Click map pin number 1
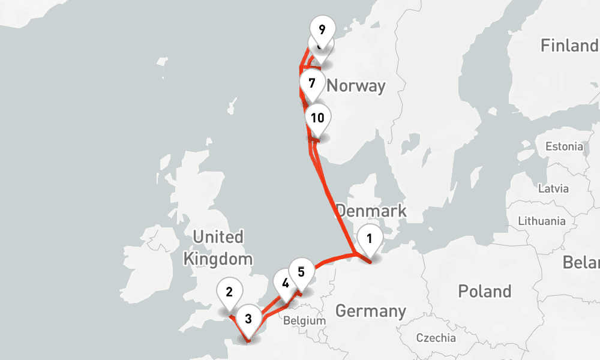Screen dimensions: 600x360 pos(370,239)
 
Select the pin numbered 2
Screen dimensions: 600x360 pos(229,293)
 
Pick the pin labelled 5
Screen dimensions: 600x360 pos(301,272)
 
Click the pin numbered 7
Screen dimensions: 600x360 pos(311,83)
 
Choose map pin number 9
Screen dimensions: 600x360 pos(322,29)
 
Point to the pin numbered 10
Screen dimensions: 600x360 pos(317,118)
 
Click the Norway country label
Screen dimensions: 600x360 pos(356,86)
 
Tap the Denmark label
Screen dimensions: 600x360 pos(371,211)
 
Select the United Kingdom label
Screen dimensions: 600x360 pos(218,248)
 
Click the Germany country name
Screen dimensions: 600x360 pos(370,311)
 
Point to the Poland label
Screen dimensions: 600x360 pos(485,292)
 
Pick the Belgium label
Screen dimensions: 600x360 pos(304,320)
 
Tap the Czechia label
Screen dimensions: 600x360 pos(436,338)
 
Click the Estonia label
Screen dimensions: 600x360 pos(563,146)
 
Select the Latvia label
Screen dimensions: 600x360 pos(553,188)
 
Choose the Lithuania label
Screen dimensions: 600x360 pos(541,221)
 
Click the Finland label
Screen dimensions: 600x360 pos(569,46)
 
